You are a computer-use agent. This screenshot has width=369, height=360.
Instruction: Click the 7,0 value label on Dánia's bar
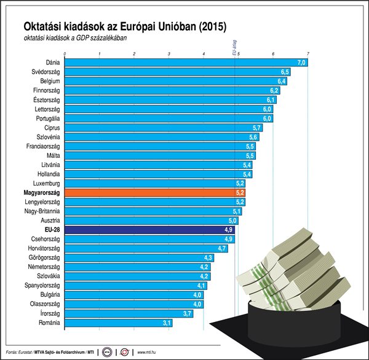click(301, 62)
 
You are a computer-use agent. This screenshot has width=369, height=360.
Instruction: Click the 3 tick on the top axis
click(169, 54)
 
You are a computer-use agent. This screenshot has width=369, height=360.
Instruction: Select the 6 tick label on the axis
click(273, 54)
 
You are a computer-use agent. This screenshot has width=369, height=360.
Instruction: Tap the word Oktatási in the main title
click(44, 27)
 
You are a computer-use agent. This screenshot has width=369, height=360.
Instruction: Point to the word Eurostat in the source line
click(26, 352)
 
